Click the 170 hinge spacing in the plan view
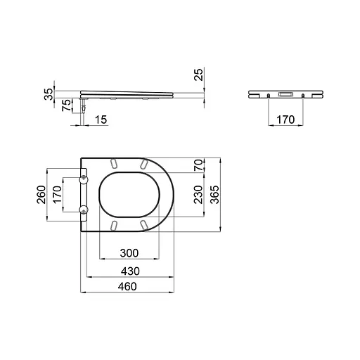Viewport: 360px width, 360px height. pos(58,194)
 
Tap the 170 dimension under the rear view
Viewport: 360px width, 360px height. pos(285,120)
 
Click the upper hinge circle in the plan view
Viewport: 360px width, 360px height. pos(85,179)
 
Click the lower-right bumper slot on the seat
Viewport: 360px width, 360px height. pos(143,224)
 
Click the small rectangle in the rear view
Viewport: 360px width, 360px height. pos(286,94)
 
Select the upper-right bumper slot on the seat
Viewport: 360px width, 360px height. pos(143,163)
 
